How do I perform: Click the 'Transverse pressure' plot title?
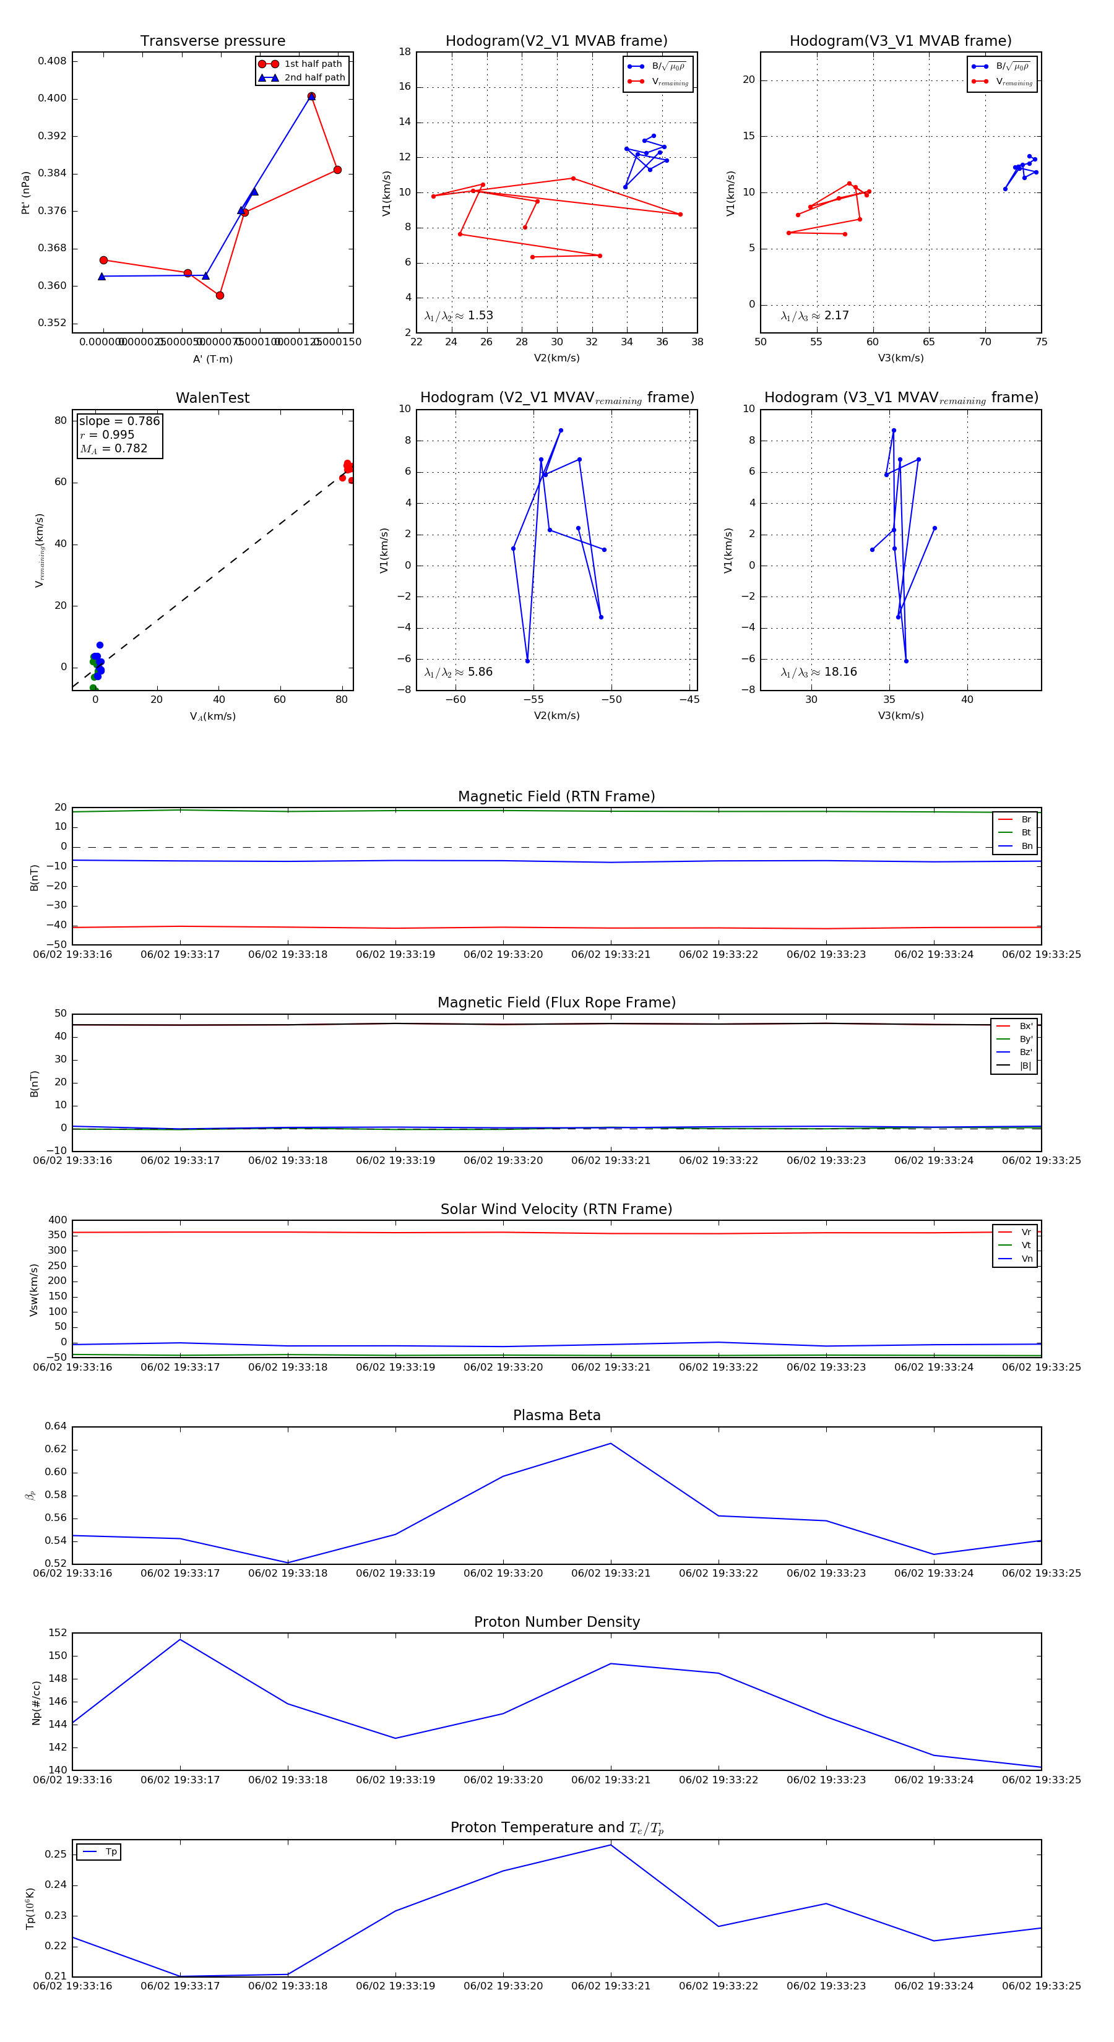pos(212,41)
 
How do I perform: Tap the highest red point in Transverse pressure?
pos(311,97)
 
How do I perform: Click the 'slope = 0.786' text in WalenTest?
pos(119,421)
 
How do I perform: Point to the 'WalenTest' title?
pos(212,398)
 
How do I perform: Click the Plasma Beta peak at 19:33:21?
pos(610,1444)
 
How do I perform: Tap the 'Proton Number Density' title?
pos(556,1622)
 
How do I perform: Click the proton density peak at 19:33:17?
pos(180,1639)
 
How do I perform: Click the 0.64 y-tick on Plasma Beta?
pos(56,1426)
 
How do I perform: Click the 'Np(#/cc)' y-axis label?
pos(36,1702)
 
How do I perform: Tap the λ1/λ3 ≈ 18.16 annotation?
pos(818,672)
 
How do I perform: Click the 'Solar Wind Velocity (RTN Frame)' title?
pos(556,1209)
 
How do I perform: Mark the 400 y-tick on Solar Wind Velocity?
pos(57,1220)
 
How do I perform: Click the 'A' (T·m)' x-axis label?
pos(212,359)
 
